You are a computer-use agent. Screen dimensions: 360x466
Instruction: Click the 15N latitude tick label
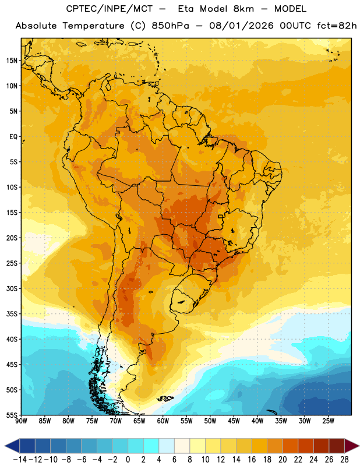(12, 61)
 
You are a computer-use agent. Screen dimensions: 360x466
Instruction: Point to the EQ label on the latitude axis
(13, 137)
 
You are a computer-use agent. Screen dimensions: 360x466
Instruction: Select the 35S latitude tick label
(12, 314)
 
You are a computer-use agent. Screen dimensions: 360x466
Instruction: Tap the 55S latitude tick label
(12, 415)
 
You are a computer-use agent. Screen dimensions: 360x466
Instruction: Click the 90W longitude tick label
(21, 421)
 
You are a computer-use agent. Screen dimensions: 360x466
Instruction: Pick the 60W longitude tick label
(163, 421)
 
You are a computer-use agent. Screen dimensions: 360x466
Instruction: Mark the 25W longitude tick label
(328, 421)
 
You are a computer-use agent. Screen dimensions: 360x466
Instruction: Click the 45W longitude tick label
(234, 421)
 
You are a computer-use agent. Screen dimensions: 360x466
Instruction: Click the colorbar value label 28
(344, 460)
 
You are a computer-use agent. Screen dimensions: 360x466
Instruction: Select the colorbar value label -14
(20, 460)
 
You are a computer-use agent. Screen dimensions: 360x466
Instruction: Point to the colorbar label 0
(128, 460)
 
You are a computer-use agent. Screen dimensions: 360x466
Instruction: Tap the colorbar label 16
(252, 460)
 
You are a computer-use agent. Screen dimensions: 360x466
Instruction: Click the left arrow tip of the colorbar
(5, 446)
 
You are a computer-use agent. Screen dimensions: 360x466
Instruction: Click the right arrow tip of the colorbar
(359, 446)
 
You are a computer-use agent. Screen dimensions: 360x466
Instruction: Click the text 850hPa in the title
(170, 26)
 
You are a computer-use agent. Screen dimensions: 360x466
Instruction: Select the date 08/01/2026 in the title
(241, 26)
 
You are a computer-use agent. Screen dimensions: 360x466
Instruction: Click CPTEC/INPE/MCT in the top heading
(109, 9)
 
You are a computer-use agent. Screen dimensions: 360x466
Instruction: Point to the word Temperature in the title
(93, 26)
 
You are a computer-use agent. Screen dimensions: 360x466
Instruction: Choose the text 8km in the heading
(243, 9)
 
